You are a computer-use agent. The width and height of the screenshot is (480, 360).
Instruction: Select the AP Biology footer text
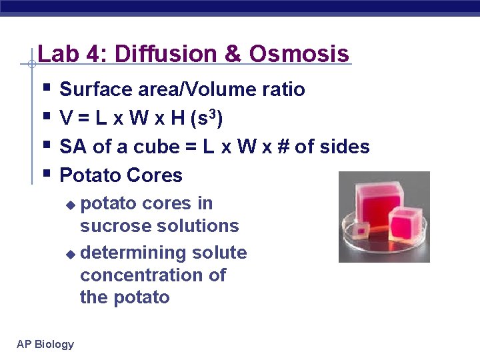coord(45,344)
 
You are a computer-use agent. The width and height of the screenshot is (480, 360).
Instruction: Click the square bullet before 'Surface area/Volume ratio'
coord(45,87)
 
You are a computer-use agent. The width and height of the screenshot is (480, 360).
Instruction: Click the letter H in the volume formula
coord(177,119)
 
